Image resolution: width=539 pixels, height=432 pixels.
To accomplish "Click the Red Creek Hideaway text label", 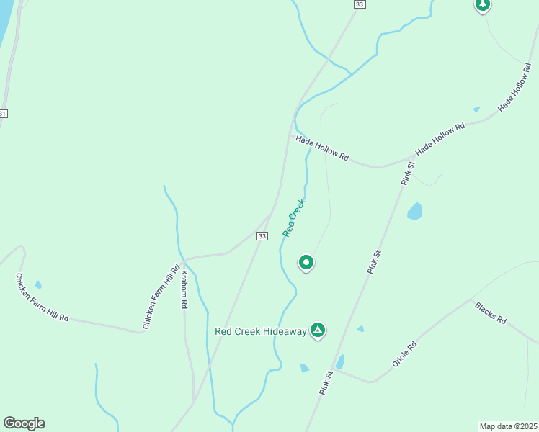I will point(261,331).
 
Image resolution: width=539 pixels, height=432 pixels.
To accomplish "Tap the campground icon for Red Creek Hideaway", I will point(318,330).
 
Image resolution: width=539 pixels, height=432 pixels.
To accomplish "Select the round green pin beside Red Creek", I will point(306,263).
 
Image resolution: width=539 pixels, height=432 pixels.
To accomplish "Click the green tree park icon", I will point(482,5).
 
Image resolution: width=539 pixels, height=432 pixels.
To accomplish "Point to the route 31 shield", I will point(3,114).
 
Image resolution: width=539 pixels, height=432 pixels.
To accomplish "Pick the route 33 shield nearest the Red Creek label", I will point(262,235).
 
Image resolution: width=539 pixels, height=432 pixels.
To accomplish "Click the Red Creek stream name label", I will point(294,218).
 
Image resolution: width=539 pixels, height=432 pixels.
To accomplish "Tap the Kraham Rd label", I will point(184,289).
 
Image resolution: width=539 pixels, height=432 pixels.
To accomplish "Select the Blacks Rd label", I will point(491,312).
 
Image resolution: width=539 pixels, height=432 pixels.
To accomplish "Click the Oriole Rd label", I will point(404,354).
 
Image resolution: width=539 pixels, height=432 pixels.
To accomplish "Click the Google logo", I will point(24,423).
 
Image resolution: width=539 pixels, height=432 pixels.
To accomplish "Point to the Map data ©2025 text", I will point(508,426).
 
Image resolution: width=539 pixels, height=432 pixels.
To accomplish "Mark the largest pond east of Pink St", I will point(414,211).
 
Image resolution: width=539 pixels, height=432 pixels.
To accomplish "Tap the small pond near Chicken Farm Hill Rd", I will point(38,285).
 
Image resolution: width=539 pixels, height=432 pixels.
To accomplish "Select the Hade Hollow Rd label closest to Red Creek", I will point(322,147).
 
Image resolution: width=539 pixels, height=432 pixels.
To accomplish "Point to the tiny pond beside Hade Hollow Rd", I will point(476,109).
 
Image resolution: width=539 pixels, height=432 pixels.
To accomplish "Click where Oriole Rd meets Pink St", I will point(334,371).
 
